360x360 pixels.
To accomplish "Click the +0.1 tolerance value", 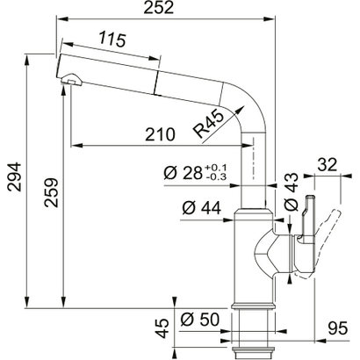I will coord(215,167).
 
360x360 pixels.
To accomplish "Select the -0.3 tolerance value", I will coord(215,177).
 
